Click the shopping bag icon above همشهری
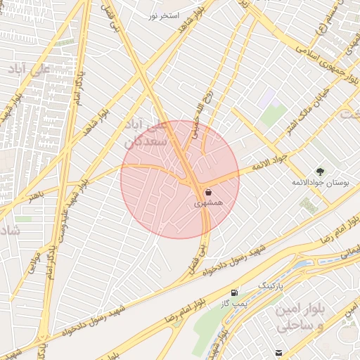click(209, 192)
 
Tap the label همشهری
click(209, 203)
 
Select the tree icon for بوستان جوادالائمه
click(321, 171)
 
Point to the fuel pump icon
click(234, 292)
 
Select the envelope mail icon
click(280, 352)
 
